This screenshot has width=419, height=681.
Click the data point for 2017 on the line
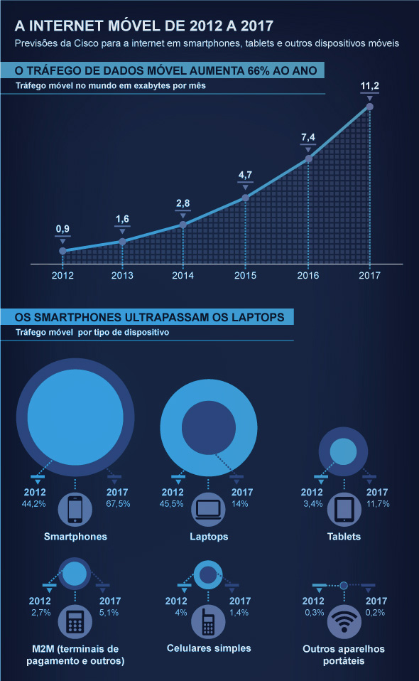(x=369, y=107)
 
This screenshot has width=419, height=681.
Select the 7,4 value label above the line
(x=308, y=137)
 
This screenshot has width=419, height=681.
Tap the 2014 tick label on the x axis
(x=183, y=275)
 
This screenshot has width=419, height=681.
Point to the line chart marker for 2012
(x=62, y=251)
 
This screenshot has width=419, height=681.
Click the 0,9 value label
(x=62, y=229)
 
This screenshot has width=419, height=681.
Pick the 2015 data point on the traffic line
(x=245, y=198)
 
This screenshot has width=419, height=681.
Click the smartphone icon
(x=75, y=510)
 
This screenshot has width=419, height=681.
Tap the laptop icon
(x=208, y=510)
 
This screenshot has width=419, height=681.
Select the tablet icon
(x=344, y=510)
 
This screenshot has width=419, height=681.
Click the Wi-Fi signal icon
(x=344, y=621)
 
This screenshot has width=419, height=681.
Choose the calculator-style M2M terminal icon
(x=75, y=621)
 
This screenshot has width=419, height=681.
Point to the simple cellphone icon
(x=208, y=621)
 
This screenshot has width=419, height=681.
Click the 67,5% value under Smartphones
(x=118, y=504)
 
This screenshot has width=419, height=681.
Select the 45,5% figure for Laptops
(x=171, y=504)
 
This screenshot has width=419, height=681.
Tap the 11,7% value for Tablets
(x=378, y=504)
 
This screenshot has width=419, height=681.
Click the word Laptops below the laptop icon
(x=209, y=537)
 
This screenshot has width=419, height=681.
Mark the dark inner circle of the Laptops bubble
(x=209, y=428)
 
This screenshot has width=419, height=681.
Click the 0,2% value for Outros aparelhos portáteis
(x=376, y=612)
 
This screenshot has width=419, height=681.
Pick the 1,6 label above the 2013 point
(x=122, y=219)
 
